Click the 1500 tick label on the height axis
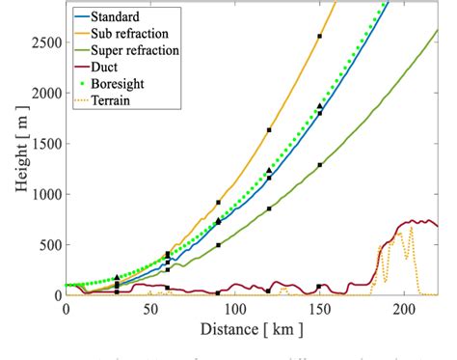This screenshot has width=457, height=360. pos(41,144)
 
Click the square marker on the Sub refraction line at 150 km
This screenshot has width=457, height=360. pos(319,36)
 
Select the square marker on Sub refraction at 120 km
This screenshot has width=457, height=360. pos(269,129)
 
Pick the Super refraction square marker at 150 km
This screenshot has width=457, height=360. pos(319,165)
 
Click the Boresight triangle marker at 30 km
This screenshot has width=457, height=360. pos(117,278)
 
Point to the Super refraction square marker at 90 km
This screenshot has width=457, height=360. pos(218,245)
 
